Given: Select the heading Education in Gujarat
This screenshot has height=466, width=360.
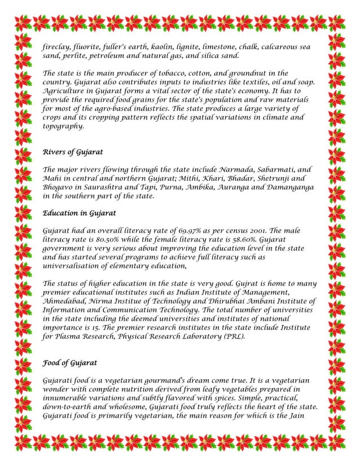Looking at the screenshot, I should pos(80,213).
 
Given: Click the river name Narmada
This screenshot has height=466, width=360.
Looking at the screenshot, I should pos(238,170).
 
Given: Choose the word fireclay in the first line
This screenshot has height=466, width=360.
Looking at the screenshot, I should pos(58,47).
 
